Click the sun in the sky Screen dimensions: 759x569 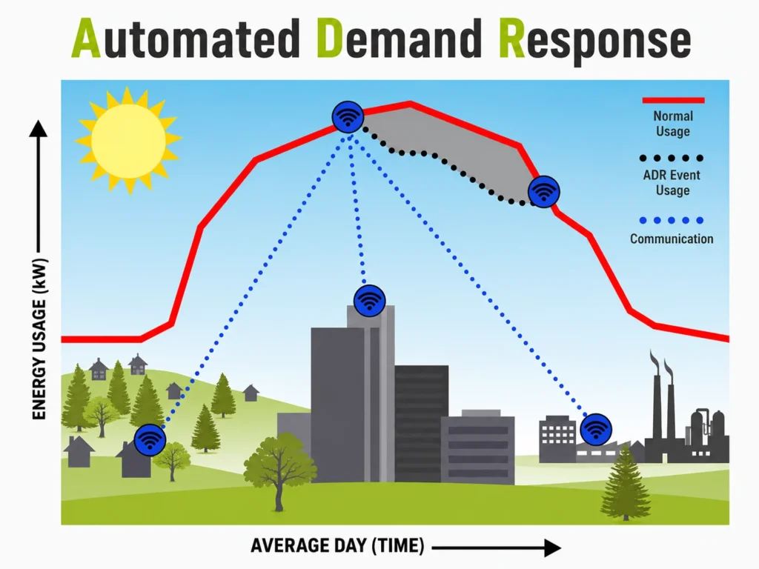coord(128,140)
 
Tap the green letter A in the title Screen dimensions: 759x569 coord(86,39)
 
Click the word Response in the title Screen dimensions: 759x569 coord(595,41)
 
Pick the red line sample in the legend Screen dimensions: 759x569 coord(673,100)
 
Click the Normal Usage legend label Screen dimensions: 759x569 coord(673,124)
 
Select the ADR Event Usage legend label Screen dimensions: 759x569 coord(672,182)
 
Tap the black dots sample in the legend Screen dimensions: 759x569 coord(671,159)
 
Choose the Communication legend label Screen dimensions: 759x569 coord(672,239)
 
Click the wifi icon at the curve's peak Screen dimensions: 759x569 coord(348,117)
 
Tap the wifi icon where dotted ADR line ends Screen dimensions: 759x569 coord(543,192)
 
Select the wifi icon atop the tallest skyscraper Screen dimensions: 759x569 coord(369,301)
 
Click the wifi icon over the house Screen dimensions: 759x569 coord(150,440)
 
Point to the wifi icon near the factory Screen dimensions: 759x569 coord(595,429)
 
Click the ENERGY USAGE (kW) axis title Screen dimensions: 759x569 coord(39,339)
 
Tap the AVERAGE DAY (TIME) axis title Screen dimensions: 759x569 coord(337,546)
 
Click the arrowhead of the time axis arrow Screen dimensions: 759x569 coord(553,548)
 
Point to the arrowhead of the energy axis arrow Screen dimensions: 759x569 coord(39,128)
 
